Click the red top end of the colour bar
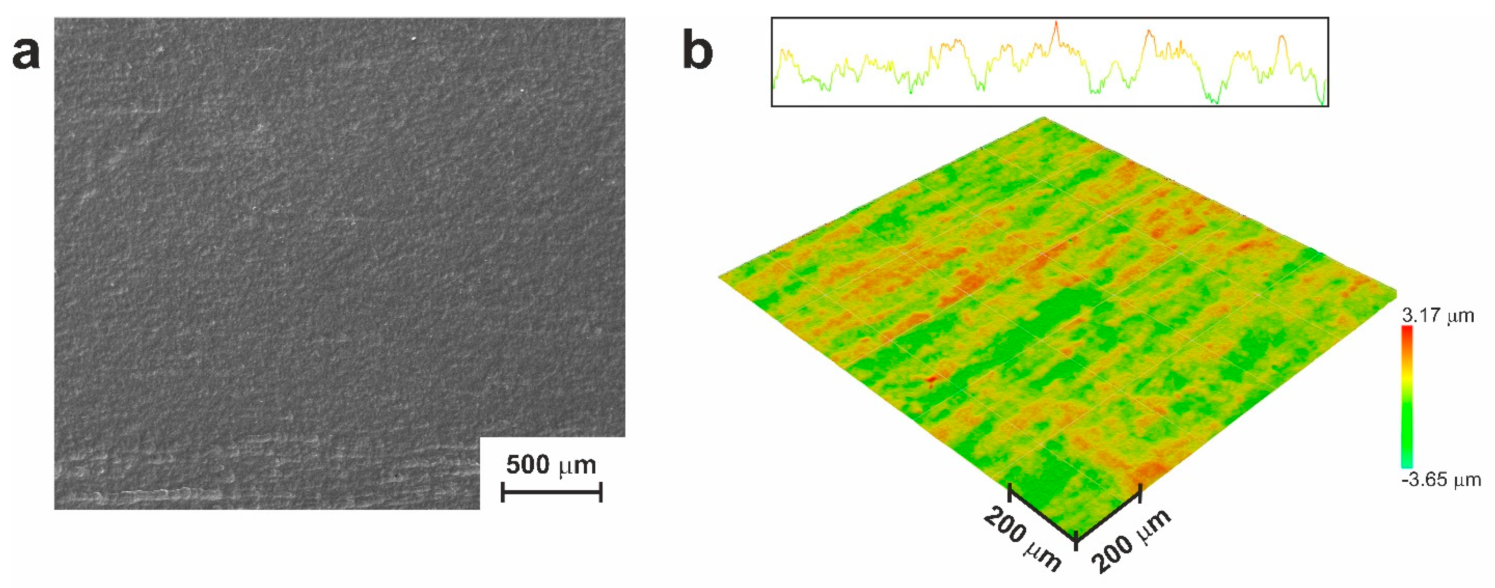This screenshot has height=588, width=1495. click(1407, 331)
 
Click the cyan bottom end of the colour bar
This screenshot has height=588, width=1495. click(1407, 464)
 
